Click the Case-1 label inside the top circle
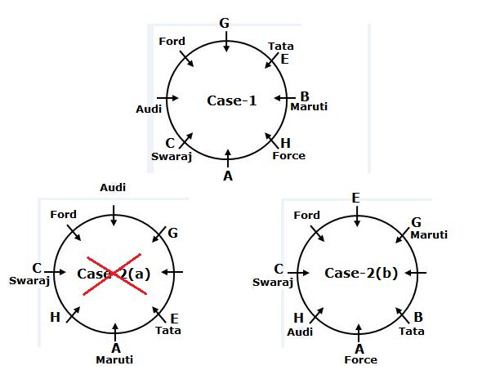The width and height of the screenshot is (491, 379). pos(231,100)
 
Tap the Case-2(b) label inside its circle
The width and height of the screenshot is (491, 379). pos(361,273)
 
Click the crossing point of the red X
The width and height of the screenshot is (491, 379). pos(114,273)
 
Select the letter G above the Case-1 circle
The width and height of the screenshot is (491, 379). pos(224,22)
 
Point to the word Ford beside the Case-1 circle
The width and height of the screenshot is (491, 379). pos(172,41)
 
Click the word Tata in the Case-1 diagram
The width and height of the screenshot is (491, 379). pos(281,47)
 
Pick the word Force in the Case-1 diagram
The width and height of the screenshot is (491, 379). pos(288,155)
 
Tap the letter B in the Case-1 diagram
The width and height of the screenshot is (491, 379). pos(304,96)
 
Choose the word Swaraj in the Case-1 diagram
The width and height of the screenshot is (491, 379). pos(172,156)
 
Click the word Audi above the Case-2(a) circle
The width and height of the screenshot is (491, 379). pos(113,188)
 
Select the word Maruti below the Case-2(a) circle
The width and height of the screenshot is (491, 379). pos(114,359)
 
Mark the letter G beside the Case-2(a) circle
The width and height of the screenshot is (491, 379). pos(172,234)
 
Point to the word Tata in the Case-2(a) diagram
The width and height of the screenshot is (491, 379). pos(168,331)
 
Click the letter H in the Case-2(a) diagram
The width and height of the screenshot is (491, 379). pos(56,317)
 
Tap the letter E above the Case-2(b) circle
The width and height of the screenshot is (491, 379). pos(356,198)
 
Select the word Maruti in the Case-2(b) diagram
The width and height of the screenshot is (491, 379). pos(429,234)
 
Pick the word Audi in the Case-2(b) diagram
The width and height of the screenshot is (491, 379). pos(301,332)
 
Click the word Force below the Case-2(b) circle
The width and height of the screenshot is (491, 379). pos(360,359)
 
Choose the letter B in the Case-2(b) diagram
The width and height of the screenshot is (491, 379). pos(417,317)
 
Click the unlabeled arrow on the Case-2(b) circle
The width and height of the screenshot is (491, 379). pos(415,272)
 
